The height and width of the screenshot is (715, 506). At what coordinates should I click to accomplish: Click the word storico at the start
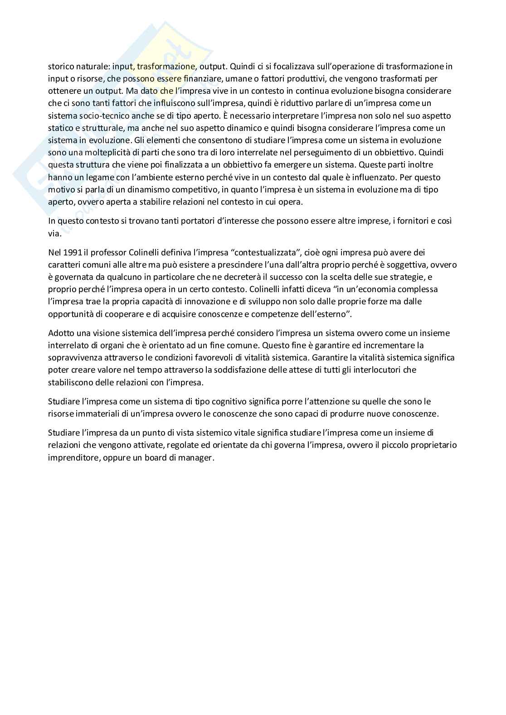coord(62,66)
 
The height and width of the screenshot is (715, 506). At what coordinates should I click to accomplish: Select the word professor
coord(107,252)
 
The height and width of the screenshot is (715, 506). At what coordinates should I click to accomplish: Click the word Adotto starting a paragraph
coord(61,333)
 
